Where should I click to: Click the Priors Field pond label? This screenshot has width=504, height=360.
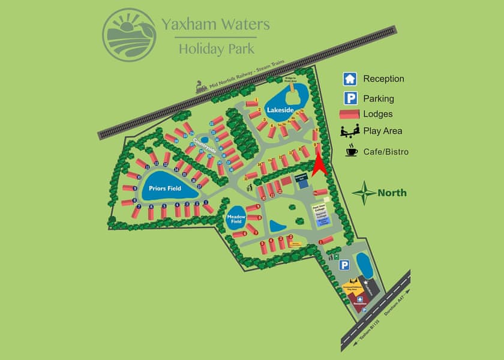[x=165, y=188]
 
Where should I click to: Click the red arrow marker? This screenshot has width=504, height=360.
[x=319, y=164]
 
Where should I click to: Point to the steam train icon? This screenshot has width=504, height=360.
[x=202, y=88]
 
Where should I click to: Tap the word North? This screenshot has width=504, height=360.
[x=392, y=193]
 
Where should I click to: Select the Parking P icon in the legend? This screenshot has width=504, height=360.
[x=350, y=98]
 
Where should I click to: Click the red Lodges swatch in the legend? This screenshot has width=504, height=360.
[x=350, y=114]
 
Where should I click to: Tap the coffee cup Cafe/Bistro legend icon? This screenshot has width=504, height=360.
[x=350, y=151]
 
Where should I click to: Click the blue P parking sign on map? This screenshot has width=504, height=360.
[x=344, y=265]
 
